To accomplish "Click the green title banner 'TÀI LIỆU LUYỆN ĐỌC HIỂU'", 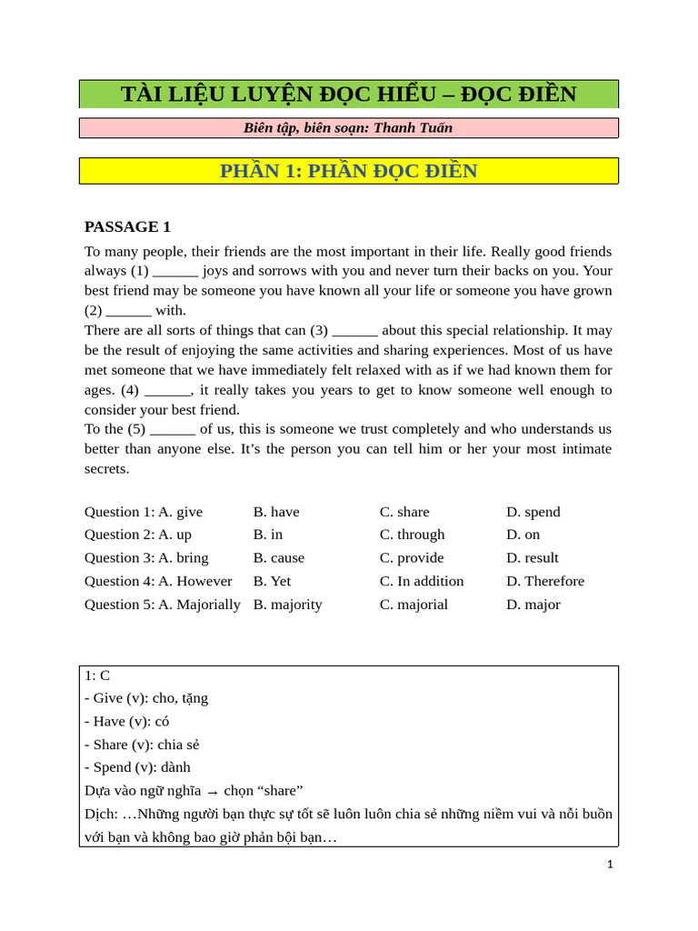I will point(348,94).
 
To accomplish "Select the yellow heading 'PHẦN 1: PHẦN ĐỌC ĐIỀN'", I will point(348,171).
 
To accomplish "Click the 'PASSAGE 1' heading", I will point(127,226).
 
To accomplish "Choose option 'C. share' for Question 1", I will point(404,512).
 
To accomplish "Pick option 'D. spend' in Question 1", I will point(533,512).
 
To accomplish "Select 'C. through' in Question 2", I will point(412,535).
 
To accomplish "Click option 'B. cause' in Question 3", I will point(279,557).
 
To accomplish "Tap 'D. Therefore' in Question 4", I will point(545,581).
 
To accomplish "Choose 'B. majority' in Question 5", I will point(287,605).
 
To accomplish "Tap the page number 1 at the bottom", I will point(611,865).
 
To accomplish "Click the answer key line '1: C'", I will point(97,676).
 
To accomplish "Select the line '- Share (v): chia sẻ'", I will point(142,745).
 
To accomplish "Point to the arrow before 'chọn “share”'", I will point(212,792).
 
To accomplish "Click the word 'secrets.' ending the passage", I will point(107,469).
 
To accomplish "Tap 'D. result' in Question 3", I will point(533,557).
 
